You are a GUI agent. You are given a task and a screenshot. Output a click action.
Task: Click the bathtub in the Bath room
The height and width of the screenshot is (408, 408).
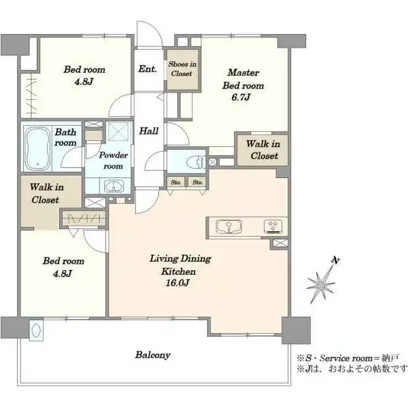pos(37,148)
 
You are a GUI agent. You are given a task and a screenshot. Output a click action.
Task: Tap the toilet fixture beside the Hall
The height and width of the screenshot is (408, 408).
pos(195,162)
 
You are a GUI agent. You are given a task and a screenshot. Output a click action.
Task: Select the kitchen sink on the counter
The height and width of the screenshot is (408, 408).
pos(228,226)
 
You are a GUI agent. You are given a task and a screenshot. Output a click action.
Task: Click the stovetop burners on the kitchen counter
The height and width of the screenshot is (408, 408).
pos(273,226)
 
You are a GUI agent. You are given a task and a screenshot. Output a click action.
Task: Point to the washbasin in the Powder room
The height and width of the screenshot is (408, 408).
pos(114,186)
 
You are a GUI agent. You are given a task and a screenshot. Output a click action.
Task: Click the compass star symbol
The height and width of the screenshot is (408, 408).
pos(320,286)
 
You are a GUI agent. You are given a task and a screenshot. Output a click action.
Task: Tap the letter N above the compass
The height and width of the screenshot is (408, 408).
pos(336,260)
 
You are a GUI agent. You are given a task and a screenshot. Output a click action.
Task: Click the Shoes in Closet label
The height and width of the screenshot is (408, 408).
pos(182,69)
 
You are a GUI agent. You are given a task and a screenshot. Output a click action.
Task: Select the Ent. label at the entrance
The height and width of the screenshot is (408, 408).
pos(148,69)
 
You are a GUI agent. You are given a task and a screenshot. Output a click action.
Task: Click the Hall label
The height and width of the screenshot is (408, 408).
pos(148,131)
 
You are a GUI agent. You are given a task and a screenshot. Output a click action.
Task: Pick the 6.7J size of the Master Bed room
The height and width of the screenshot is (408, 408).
pos(241,97)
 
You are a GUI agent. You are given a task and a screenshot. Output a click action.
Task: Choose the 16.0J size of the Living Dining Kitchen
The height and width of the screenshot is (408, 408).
pos(177,283)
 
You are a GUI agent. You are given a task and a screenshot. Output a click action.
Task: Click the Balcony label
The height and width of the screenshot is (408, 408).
pos(153,355)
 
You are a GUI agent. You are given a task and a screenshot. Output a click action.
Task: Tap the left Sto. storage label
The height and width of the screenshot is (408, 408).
pos(175,182)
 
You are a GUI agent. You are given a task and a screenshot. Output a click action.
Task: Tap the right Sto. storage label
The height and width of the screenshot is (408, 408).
pos(197,182)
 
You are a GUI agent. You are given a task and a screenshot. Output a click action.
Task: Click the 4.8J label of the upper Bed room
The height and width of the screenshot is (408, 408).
pos(84,82)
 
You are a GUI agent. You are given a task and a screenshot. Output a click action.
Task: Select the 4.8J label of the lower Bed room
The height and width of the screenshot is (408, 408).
pos(63,274)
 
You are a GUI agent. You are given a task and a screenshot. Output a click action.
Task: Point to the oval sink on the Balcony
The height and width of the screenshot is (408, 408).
pos(35,330)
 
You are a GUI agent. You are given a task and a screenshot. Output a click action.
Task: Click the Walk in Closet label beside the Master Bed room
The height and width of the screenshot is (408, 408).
pos(263,150)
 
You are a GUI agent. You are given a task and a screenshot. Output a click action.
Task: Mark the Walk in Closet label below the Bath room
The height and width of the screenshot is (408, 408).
pos(46,193)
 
